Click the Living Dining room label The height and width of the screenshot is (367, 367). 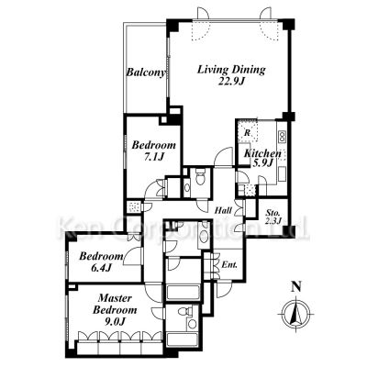[x=231, y=70]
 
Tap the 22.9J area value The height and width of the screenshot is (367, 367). [x=232, y=82]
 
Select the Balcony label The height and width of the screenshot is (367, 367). [x=146, y=72]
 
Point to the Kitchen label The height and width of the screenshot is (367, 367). [x=262, y=153]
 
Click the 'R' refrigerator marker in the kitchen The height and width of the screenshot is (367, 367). [x=248, y=133]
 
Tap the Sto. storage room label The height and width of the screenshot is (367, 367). [x=272, y=213]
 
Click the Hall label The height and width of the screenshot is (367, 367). [x=223, y=210]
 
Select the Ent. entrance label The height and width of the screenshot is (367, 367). [x=229, y=265]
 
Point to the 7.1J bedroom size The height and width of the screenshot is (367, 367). [x=154, y=157]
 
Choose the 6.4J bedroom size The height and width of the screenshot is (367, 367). [x=100, y=268]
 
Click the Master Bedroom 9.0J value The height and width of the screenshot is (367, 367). [x=115, y=321]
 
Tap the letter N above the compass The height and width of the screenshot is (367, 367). [x=296, y=286]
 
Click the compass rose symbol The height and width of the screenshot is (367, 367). [x=295, y=314]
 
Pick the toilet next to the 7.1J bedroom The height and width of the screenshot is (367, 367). [x=200, y=177]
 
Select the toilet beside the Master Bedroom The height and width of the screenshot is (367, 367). [x=183, y=311]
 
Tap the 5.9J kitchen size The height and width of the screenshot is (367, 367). [x=262, y=163]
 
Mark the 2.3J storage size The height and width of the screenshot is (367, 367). [x=272, y=221]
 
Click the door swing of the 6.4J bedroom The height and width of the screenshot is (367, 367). [x=132, y=255]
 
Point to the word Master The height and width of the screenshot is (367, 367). [x=115, y=298]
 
